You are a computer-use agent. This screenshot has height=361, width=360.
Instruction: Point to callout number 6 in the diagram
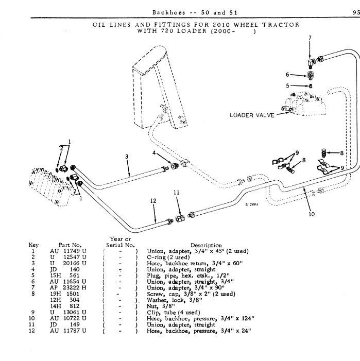tap(289, 74)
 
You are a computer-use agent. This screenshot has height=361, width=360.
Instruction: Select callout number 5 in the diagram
tap(289, 85)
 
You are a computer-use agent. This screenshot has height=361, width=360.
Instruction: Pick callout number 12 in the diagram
tap(152, 201)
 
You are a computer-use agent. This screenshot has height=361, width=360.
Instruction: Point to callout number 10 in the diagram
tap(311, 215)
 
